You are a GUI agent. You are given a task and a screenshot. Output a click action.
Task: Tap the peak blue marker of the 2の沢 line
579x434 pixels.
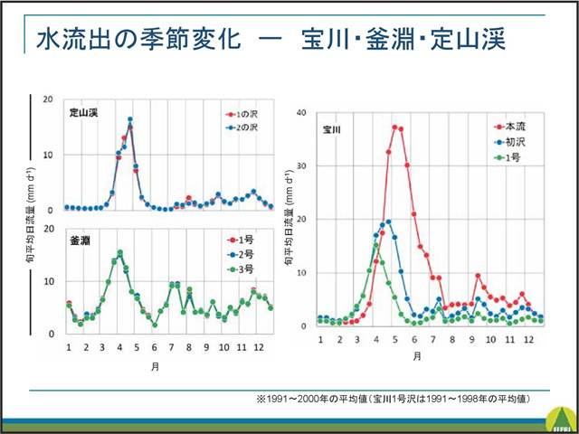(x=130, y=119)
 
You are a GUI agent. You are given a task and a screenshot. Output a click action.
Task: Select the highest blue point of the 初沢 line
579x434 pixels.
(x=388, y=222)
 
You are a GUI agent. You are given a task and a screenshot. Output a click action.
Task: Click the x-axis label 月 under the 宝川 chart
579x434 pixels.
(x=417, y=355)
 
